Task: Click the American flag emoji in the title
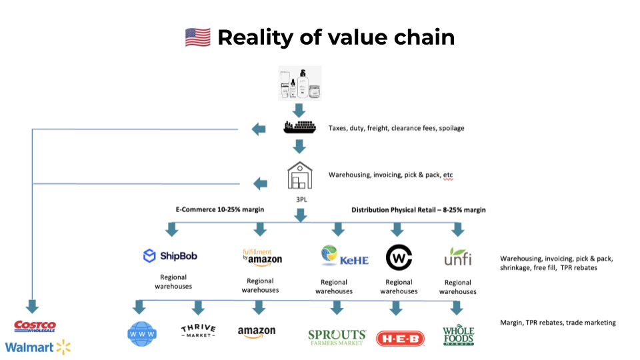point(197,37)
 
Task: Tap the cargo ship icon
point(299,128)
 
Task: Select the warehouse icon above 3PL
point(299,175)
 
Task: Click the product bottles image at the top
point(299,83)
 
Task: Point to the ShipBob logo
point(169,255)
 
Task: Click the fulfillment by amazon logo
point(261,256)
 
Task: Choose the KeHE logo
point(344,257)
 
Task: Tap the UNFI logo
point(457,257)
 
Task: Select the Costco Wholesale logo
point(35,327)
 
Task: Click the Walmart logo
point(37,347)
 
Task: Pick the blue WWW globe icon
point(141,333)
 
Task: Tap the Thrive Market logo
point(198,331)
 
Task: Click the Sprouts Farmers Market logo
point(337,336)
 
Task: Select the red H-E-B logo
point(400,338)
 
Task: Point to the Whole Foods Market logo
point(458,335)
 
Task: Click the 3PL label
point(300,198)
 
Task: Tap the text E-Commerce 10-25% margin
point(220,209)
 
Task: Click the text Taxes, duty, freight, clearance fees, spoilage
point(396,128)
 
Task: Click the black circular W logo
point(399,257)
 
